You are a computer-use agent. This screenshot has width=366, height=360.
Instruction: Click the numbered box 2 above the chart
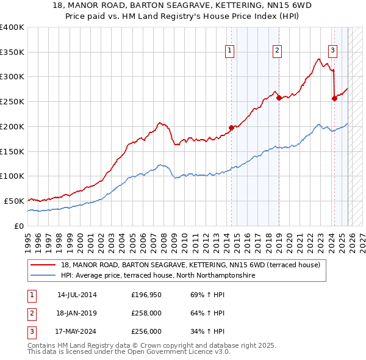click(277, 51)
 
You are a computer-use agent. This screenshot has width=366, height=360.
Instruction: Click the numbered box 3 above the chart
click(333, 51)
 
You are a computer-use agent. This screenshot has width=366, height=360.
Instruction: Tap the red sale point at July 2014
click(231, 128)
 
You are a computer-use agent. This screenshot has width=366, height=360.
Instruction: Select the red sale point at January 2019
click(279, 97)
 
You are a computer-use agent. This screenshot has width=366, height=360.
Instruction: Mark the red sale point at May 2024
click(334, 98)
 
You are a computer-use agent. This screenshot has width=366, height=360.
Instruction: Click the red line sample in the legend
click(43, 265)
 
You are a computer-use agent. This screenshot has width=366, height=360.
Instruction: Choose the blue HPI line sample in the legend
click(43, 276)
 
